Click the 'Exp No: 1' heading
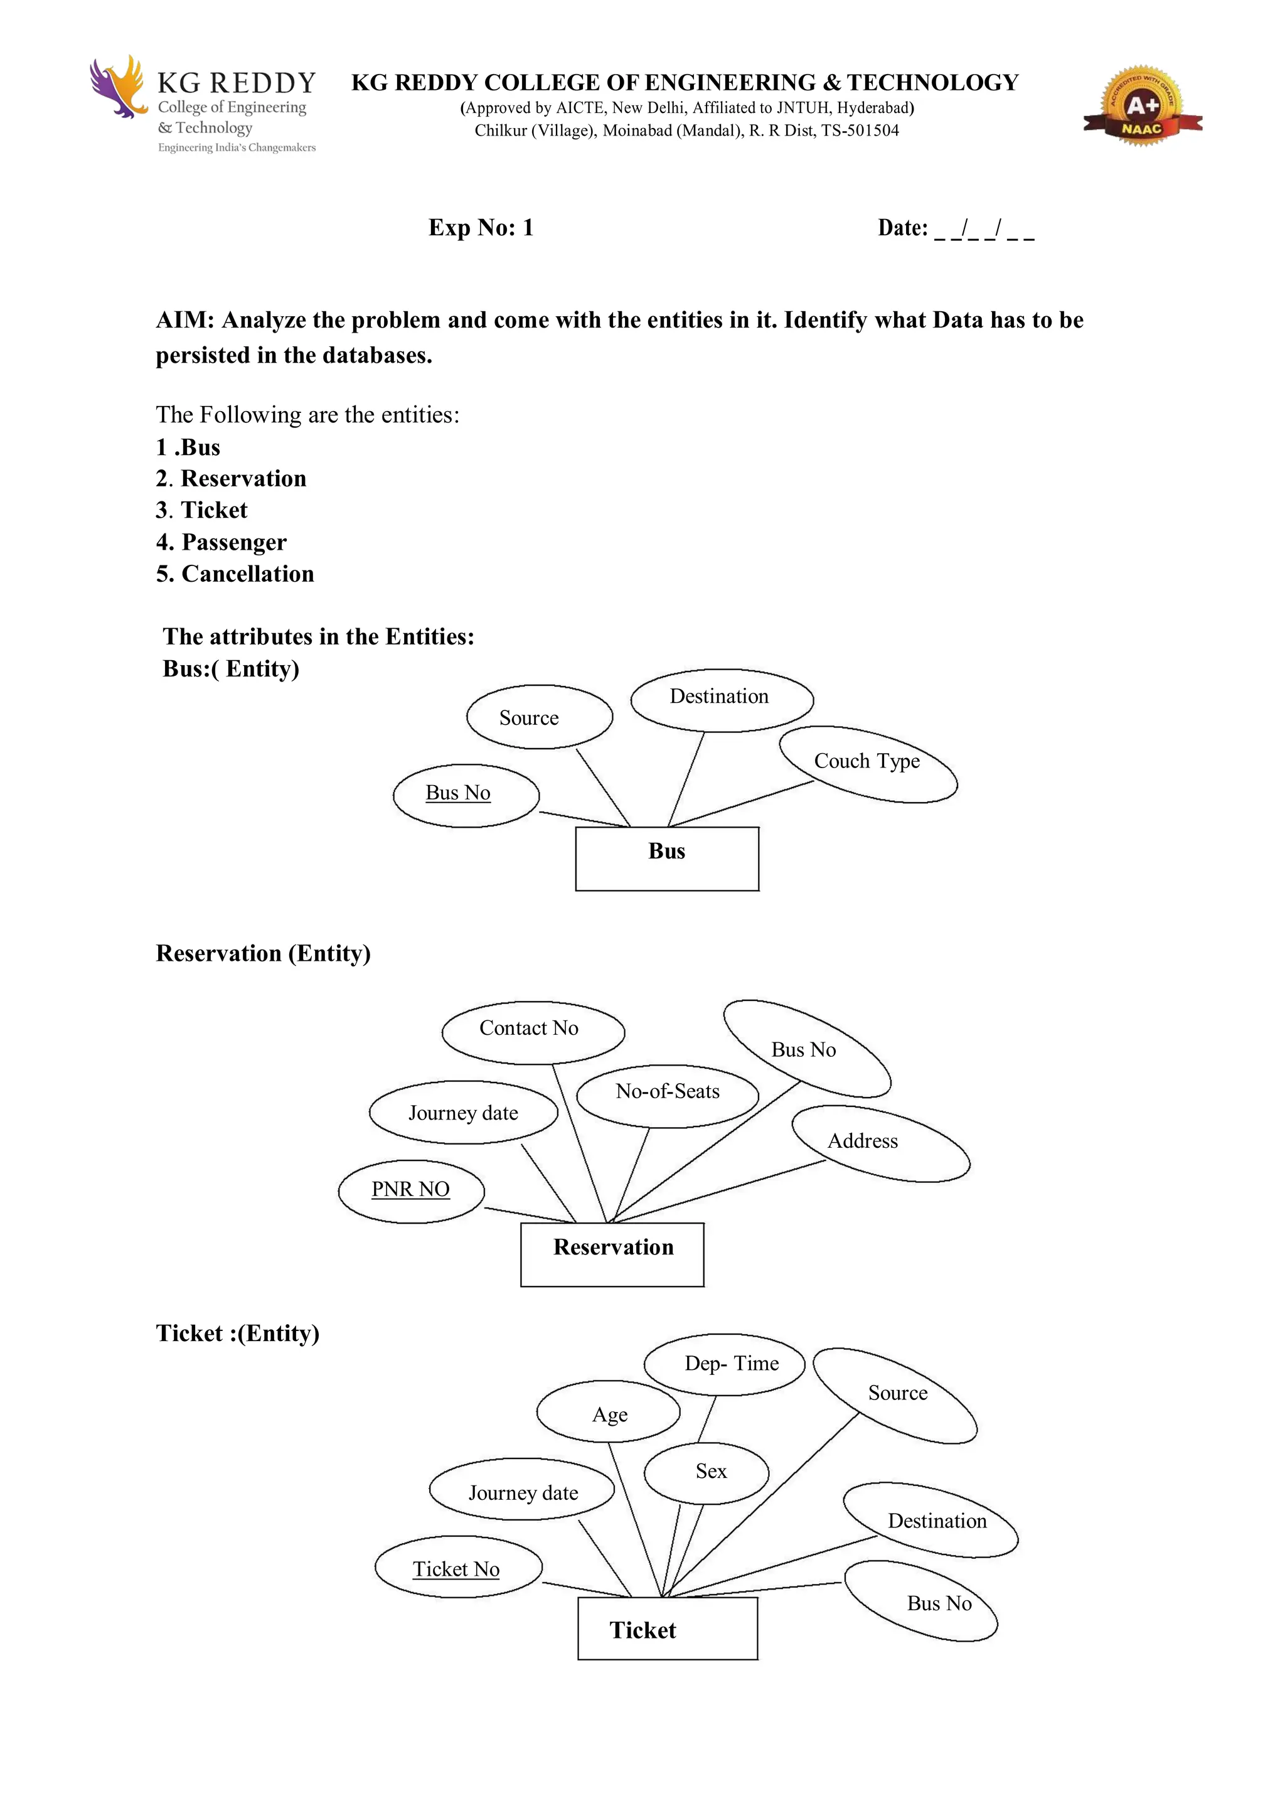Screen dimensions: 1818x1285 (x=481, y=228)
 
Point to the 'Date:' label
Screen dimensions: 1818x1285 (x=903, y=228)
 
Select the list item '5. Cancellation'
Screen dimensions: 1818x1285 (x=235, y=574)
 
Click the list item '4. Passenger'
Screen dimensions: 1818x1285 (x=221, y=542)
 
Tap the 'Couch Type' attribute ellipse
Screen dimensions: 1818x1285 (x=868, y=763)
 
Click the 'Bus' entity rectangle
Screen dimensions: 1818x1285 (x=666, y=858)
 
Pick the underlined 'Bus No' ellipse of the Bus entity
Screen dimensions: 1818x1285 (x=466, y=795)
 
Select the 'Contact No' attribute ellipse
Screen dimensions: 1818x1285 (x=533, y=1032)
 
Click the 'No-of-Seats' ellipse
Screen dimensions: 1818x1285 (x=668, y=1095)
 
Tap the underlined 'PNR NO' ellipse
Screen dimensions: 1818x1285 (x=411, y=1191)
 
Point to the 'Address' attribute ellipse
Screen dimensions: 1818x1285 (x=880, y=1143)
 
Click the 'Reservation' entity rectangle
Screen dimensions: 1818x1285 (x=612, y=1254)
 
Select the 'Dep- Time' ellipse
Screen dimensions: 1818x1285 (x=725, y=1364)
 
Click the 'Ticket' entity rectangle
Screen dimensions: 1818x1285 (x=668, y=1628)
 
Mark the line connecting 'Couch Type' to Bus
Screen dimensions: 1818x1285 (x=740, y=804)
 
